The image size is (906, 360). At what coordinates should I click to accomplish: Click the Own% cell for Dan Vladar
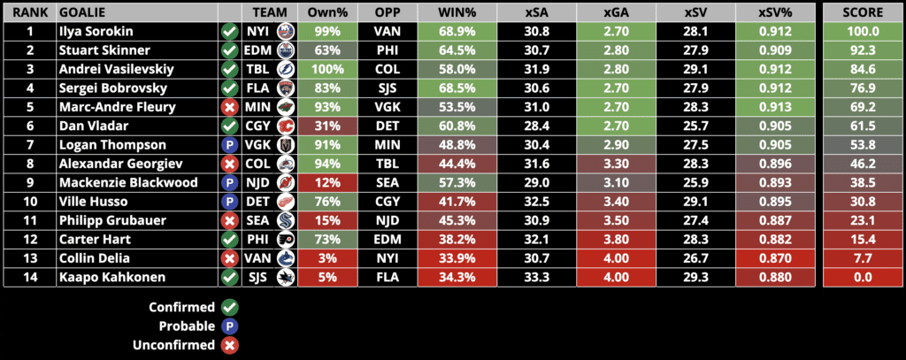tap(327, 126)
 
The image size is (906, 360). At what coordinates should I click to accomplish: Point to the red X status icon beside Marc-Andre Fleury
tap(229, 107)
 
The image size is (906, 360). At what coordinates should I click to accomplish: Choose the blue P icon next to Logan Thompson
tap(229, 145)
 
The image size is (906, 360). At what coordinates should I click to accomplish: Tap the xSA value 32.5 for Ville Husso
tap(536, 201)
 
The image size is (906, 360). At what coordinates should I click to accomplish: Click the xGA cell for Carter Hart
tap(616, 238)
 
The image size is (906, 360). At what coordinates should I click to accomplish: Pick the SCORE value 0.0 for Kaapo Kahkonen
tap(863, 276)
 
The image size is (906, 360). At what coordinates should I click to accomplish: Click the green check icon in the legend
tap(230, 307)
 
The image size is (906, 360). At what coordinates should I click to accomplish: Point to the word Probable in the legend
tap(186, 326)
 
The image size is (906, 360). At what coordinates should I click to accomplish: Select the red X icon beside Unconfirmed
tap(230, 345)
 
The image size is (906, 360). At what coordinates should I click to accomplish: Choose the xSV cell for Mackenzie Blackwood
tap(695, 182)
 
